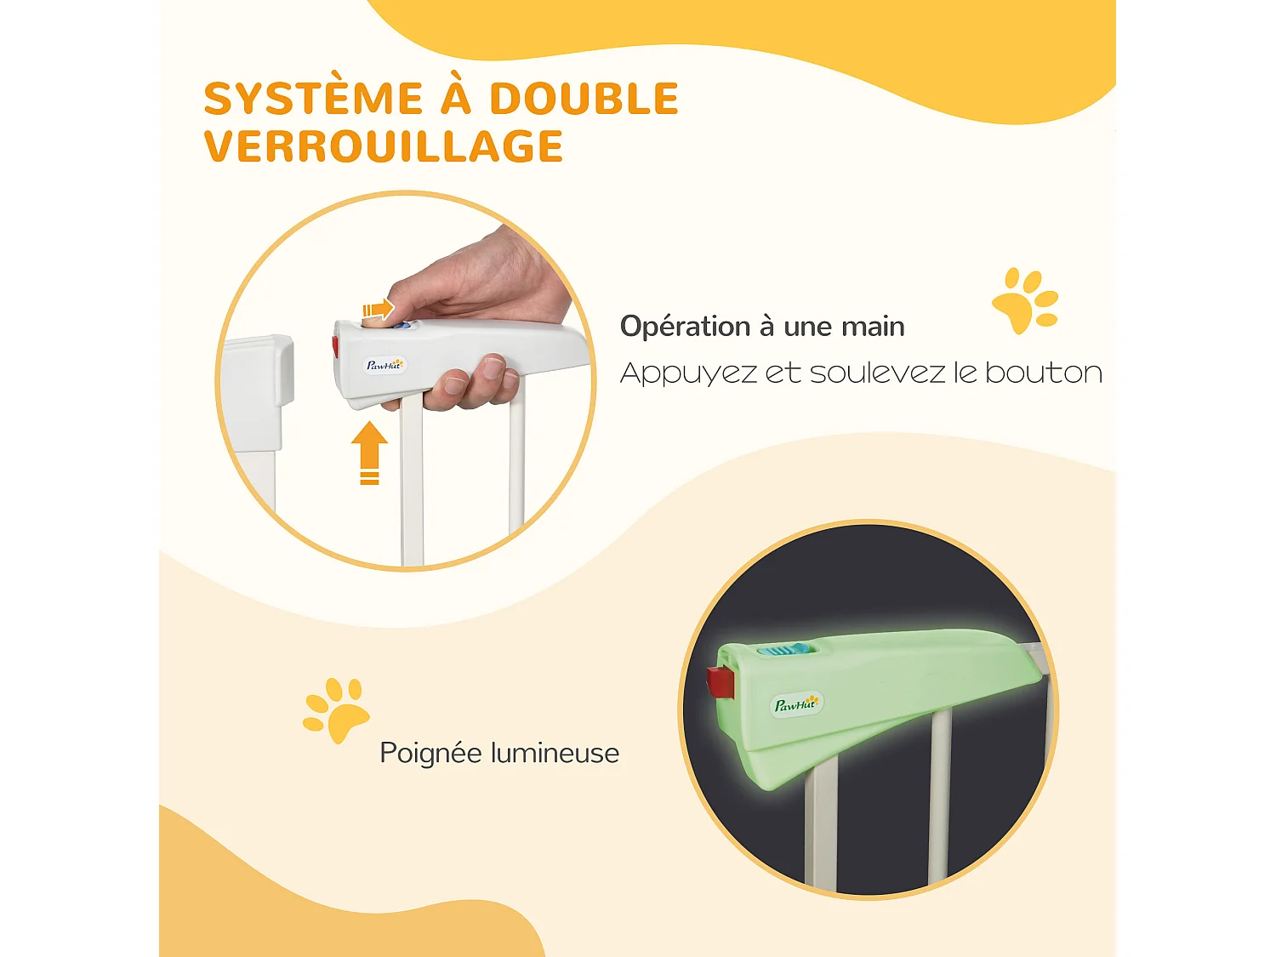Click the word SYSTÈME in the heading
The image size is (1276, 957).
313,99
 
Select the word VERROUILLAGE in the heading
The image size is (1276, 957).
384,146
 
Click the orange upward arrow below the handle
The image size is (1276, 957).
369,452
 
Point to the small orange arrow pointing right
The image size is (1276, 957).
379,309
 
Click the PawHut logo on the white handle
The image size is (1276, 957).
385,366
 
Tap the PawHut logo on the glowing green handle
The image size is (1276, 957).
795,704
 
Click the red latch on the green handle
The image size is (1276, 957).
720,682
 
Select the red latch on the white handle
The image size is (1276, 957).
335,347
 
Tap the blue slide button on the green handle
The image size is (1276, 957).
775,651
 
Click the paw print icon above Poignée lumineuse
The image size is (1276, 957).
335,709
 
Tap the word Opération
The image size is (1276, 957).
685,327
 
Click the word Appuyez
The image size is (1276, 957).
688,373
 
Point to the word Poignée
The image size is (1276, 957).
430,754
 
